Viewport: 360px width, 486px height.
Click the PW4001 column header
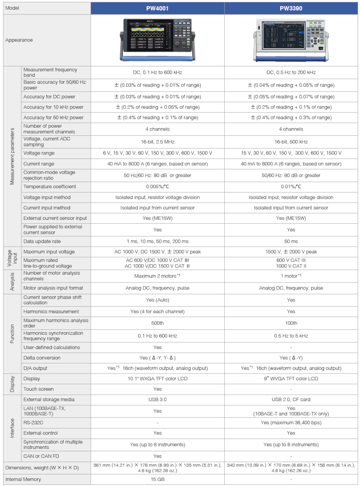tap(157, 8)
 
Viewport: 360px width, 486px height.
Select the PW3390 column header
tap(291, 8)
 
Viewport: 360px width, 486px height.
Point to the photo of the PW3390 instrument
tap(291, 40)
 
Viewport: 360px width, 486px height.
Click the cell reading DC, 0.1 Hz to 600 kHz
tap(158, 72)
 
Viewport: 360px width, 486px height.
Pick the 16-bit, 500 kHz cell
tap(291, 142)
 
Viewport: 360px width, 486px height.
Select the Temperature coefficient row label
tap(50, 187)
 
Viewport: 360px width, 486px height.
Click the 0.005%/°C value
tap(158, 187)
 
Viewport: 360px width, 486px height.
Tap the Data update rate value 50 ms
tap(291, 241)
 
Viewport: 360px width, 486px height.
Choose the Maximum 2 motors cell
tap(158, 276)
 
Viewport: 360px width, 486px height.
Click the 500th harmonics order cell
tap(158, 323)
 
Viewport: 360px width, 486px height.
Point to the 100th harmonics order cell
tap(291, 323)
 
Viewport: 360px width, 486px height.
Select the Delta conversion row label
tap(42, 357)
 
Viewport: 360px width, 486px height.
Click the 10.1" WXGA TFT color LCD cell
tap(158, 378)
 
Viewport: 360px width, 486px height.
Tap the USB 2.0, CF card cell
tap(291, 399)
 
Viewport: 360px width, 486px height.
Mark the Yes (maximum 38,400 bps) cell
tap(291, 423)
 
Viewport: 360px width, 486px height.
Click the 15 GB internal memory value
tap(158, 479)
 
